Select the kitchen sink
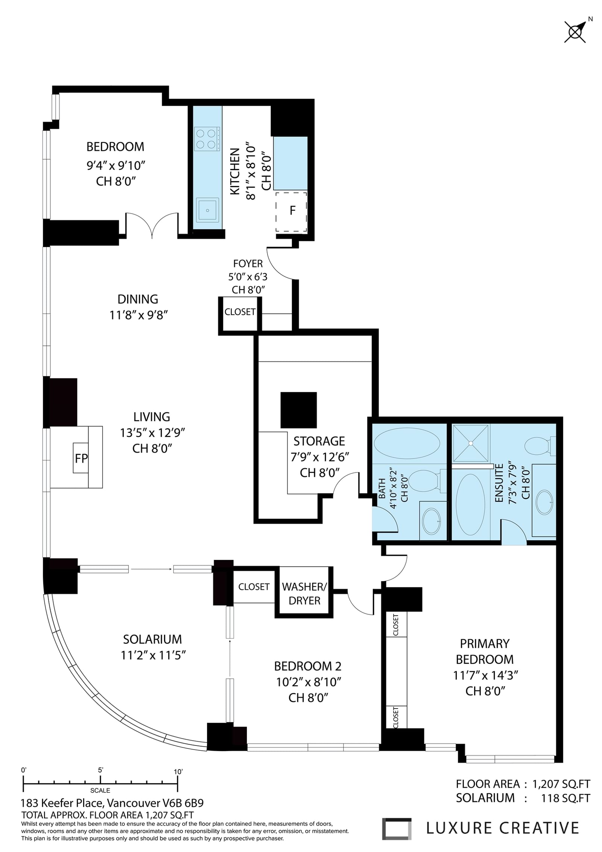207,210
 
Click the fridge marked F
291,212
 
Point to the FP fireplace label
81,458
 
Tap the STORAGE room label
319,441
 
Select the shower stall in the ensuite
471,443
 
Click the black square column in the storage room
299,410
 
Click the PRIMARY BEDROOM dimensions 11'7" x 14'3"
485,675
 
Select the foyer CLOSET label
240,312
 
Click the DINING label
138,299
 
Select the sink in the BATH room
432,521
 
